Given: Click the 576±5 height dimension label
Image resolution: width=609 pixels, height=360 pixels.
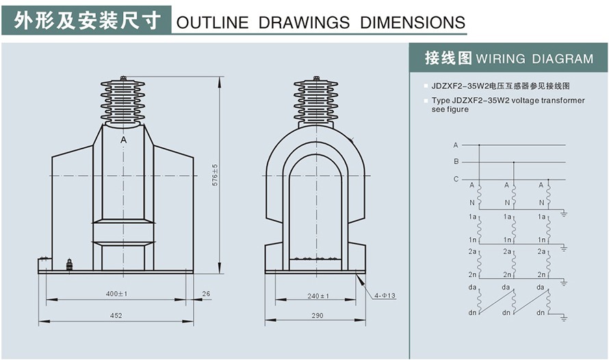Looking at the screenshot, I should coord(215,175).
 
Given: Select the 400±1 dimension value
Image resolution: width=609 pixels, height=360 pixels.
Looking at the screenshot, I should coord(117,294).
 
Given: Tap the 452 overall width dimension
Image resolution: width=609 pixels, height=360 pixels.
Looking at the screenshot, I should coord(116,316).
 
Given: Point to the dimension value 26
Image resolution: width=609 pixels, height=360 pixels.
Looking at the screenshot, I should coord(207,294).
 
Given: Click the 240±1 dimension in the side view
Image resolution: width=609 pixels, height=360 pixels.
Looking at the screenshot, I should coord(318,296).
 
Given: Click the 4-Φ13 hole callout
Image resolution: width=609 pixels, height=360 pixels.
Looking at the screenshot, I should coord(385,296).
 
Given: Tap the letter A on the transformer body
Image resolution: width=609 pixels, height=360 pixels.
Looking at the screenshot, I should coord(123,140).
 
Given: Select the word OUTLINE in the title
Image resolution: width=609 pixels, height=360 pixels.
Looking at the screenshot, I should coord(212,23).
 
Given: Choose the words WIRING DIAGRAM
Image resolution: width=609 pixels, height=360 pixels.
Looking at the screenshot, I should coord(534,59).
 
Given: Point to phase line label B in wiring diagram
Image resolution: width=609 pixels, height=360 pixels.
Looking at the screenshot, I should coord(456,162).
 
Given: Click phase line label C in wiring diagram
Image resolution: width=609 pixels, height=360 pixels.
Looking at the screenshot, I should coord(456,179).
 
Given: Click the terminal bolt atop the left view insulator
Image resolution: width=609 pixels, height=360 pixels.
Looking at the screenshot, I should coord(123,79).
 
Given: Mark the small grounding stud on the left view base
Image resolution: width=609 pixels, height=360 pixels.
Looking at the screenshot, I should coord(68,264).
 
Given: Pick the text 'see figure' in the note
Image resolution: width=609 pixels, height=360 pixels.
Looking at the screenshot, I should coord(450,110).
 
